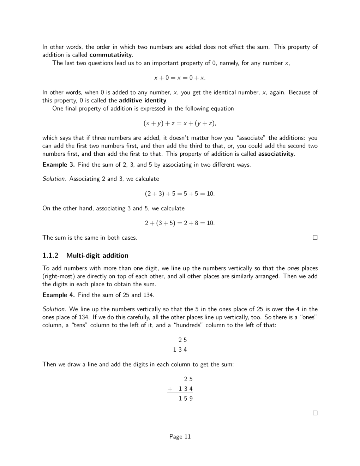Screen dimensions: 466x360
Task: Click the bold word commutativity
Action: [111, 55]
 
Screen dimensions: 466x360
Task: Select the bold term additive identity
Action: [142, 101]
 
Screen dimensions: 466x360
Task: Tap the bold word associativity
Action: [276, 154]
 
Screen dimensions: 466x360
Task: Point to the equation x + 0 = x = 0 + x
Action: [180, 78]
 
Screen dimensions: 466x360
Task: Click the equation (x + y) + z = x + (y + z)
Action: [180, 124]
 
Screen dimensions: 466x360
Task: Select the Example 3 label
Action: [58, 165]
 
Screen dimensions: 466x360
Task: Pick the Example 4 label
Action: [58, 295]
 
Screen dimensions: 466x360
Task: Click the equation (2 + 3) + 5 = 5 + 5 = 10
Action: [180, 194]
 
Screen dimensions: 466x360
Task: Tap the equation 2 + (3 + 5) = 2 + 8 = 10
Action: [180, 223]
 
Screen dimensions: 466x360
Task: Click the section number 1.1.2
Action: [50, 256]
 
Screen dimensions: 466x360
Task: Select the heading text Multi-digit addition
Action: [97, 256]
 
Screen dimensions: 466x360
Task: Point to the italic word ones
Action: [293, 268]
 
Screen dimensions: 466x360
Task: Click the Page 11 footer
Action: [180, 437]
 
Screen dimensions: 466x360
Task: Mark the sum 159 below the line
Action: [186, 399]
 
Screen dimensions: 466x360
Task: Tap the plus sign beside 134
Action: [170, 389]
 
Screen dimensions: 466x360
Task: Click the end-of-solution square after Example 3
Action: [315, 238]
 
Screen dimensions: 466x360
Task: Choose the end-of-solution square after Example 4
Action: [315, 413]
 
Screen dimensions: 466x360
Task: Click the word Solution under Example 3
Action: [54, 179]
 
